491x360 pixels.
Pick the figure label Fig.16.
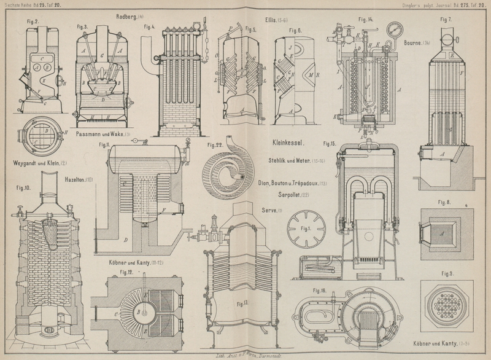point(320,289)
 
